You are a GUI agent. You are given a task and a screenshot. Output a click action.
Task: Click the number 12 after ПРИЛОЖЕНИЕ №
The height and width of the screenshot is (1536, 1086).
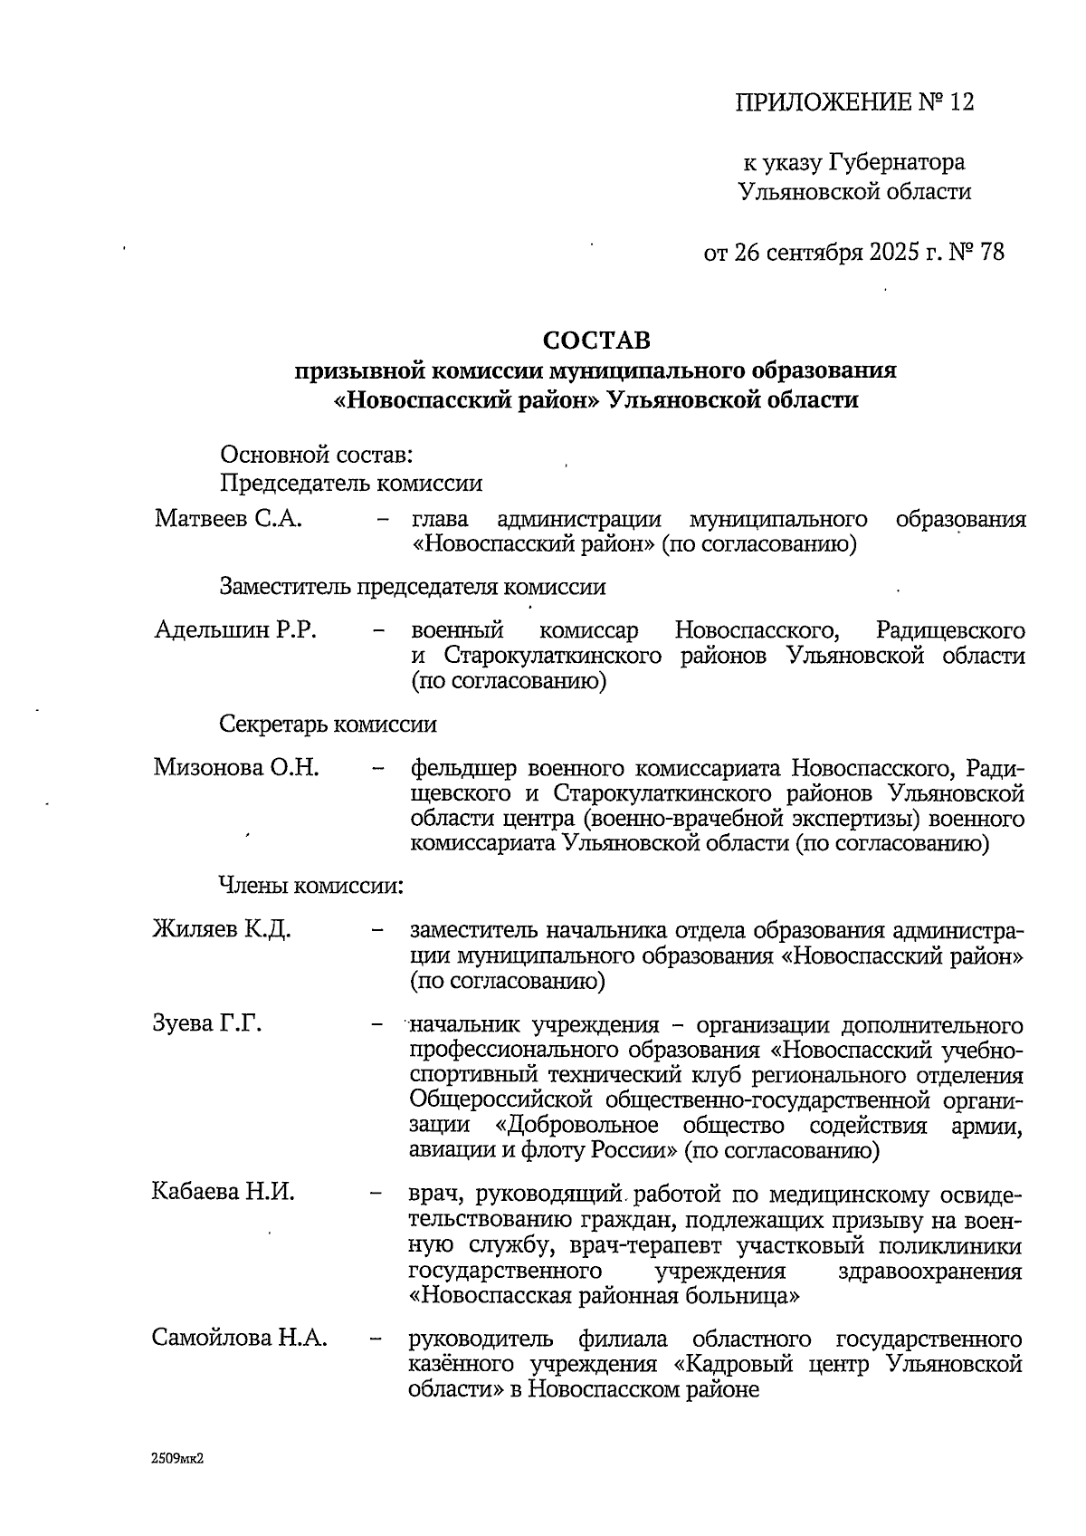[960, 102]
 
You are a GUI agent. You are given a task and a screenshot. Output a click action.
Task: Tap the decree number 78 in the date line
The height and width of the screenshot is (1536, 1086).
[991, 252]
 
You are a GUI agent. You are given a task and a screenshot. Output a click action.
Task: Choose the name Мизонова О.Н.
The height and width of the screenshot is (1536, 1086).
[236, 768]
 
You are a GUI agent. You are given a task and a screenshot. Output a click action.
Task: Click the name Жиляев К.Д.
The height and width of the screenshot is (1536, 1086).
[222, 929]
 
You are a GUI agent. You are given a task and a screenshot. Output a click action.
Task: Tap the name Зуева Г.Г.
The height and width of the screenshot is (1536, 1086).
[207, 1023]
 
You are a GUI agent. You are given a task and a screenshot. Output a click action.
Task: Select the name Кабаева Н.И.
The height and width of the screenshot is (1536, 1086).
[224, 1193]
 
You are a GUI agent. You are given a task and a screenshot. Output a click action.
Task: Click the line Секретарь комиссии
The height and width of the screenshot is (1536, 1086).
[328, 725]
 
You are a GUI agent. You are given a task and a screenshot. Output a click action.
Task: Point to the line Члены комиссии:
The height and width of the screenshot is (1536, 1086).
[310, 886]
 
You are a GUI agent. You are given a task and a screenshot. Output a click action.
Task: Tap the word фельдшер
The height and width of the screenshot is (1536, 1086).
[463, 769]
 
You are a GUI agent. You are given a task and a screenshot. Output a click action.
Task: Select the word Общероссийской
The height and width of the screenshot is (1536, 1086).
[500, 1100]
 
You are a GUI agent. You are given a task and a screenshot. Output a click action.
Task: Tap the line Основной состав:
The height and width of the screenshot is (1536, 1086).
[316, 456]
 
